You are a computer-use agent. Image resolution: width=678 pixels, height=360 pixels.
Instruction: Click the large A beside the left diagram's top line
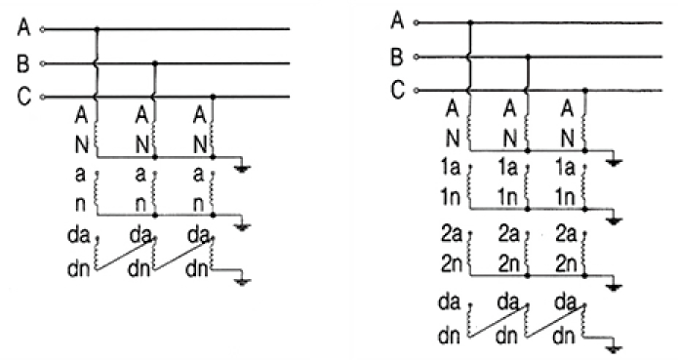(23, 27)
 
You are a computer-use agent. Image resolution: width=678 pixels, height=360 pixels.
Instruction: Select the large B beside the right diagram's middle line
(397, 57)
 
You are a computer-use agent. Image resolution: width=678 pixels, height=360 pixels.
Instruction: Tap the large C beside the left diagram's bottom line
(23, 96)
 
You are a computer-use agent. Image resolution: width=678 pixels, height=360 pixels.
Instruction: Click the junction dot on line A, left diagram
(98, 29)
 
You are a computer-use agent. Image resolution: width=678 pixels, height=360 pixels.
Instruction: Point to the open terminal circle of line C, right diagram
(417, 91)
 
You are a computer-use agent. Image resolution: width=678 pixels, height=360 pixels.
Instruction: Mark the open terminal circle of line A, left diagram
(42, 29)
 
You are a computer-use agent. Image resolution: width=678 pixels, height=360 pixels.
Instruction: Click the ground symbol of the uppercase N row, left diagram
(242, 166)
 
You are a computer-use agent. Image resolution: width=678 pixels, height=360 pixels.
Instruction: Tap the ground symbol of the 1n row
(615, 218)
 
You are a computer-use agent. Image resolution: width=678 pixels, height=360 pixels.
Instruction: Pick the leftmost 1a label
(451, 167)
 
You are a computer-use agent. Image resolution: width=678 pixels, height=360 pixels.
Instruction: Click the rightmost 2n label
(566, 263)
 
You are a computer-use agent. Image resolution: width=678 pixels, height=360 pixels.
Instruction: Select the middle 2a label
(509, 234)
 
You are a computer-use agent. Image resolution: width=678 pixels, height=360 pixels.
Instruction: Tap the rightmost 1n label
(565, 197)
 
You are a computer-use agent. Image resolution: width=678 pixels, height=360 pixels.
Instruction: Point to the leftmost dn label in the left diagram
(78, 269)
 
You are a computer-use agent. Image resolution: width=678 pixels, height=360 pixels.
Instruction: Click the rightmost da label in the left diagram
(199, 235)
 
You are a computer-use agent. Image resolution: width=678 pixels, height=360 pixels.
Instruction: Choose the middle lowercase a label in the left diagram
(140, 175)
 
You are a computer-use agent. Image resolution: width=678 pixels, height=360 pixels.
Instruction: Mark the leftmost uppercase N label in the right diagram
(453, 139)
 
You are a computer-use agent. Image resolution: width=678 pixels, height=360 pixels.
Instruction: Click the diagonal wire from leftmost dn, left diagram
(125, 255)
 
